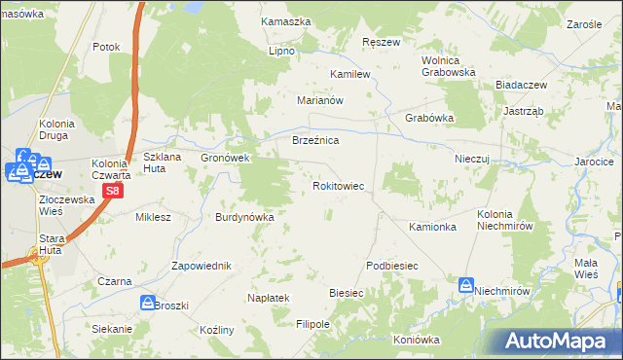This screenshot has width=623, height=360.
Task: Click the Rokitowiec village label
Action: click(338, 185)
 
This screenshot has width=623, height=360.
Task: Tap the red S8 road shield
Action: click(113, 192)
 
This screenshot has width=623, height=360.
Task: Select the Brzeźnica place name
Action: click(315, 141)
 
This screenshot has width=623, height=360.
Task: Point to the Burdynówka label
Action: click(244, 217)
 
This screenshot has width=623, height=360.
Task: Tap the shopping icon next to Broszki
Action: click(147, 303)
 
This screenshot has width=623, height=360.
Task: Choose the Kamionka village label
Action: click(433, 227)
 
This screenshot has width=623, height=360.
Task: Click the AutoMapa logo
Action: click(559, 341)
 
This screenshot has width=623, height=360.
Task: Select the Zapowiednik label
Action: click(201, 266)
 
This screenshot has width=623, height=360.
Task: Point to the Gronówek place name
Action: click(226, 158)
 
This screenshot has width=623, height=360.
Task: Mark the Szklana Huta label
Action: click(163, 162)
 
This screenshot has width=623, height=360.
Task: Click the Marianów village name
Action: click(321, 99)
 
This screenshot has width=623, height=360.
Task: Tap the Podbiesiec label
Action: click(392, 266)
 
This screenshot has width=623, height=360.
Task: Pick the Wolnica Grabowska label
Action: click(448, 65)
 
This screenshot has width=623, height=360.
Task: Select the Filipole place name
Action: click(313, 324)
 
